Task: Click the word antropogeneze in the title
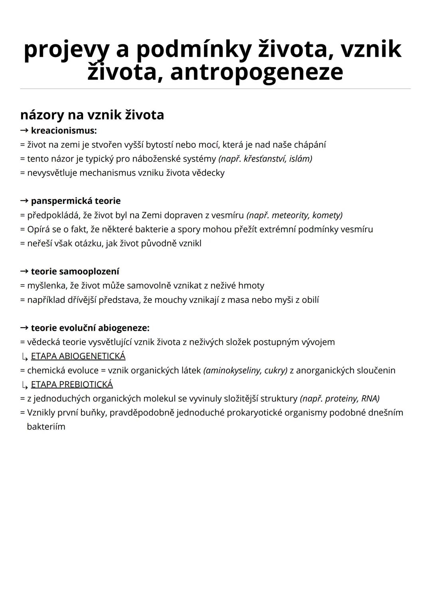point(256,72)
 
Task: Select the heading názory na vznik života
point(92,115)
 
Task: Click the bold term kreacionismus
point(63,130)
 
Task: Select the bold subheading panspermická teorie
point(75,201)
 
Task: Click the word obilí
point(310,300)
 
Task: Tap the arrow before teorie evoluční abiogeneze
point(24,328)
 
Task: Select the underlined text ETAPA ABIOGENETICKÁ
point(78,356)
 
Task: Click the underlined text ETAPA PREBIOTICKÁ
point(72,384)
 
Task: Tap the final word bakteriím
point(46,427)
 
